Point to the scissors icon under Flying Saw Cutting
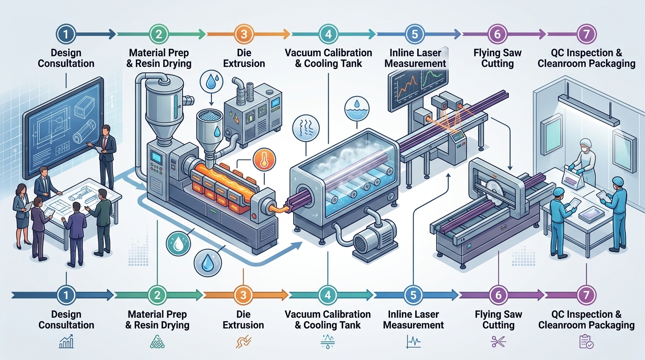click(x=497, y=342)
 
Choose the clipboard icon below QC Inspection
click(x=586, y=342)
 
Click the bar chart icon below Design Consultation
click(x=66, y=342)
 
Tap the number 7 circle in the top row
click(x=586, y=34)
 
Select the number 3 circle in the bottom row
click(x=243, y=295)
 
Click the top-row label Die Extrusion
click(x=243, y=58)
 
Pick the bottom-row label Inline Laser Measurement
click(x=413, y=319)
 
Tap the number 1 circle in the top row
click(x=66, y=34)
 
